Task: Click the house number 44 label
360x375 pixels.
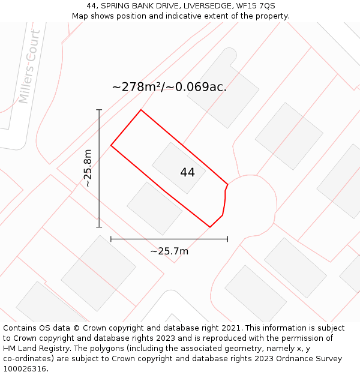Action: (187, 172)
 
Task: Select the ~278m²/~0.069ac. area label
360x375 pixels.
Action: (169, 87)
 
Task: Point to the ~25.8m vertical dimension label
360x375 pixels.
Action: (88, 169)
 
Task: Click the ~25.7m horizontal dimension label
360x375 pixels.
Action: (169, 251)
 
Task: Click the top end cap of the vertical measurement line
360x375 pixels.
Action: (99, 110)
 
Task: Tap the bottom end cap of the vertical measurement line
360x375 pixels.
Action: (99, 227)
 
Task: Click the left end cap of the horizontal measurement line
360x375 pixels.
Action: (111, 239)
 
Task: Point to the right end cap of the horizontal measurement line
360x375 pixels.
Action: (227, 239)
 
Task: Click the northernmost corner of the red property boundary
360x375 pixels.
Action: (141, 110)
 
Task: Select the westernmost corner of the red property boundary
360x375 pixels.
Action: (111, 145)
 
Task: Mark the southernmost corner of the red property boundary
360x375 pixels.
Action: (210, 227)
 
